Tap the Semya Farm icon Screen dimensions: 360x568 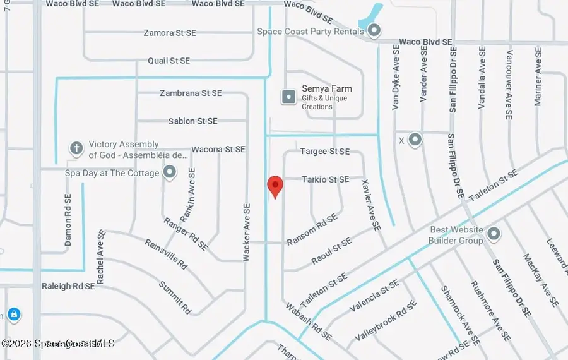click(288, 97)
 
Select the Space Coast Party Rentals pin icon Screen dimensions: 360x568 click(374, 30)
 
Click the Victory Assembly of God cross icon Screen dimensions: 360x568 click(76, 148)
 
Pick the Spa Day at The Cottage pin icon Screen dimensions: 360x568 click(169, 172)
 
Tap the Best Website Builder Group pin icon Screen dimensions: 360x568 click(494, 234)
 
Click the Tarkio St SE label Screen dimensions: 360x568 click(324, 179)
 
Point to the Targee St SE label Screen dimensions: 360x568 click(324, 152)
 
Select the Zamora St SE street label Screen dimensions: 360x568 click(170, 33)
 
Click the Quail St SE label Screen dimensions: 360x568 click(169, 61)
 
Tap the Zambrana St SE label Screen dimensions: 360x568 click(191, 93)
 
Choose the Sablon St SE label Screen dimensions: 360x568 click(192, 121)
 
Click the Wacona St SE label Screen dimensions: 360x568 click(218, 149)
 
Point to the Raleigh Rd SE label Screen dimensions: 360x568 click(68, 286)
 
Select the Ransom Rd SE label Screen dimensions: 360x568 click(312, 229)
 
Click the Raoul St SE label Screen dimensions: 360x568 click(331, 251)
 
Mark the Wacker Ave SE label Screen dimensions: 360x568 click(247, 232)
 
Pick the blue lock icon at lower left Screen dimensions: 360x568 click(13, 314)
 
